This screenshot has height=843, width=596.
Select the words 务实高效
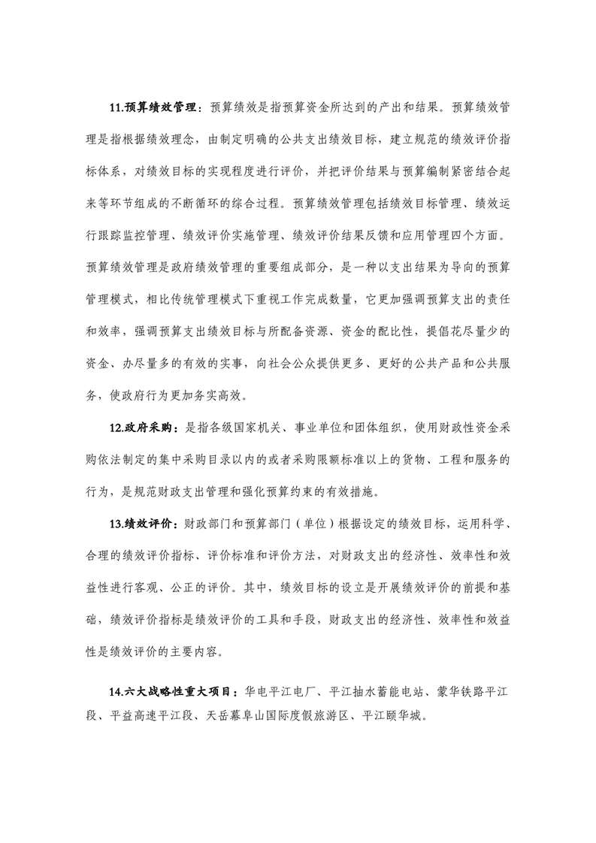[x=221, y=394]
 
